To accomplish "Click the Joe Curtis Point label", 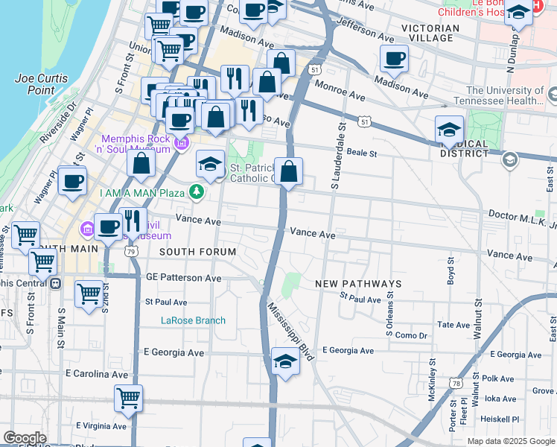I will pyautogui.click(x=41, y=84).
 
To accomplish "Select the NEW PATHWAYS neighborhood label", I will pyautogui.click(x=358, y=284).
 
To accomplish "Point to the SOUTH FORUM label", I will pyautogui.click(x=197, y=252).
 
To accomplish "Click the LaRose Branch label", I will pyautogui.click(x=193, y=321).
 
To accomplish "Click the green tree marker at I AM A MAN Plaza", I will pyautogui.click(x=197, y=192).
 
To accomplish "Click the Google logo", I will pyautogui.click(x=25, y=437).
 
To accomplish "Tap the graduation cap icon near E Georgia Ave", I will pyautogui.click(x=285, y=361).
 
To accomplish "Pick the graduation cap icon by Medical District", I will pyautogui.click(x=449, y=130).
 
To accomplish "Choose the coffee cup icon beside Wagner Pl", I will pyautogui.click(x=72, y=180).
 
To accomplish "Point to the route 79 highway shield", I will pyautogui.click(x=131, y=252).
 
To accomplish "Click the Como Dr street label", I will pyautogui.click(x=412, y=335).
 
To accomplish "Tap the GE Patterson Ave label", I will pyautogui.click(x=183, y=278).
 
